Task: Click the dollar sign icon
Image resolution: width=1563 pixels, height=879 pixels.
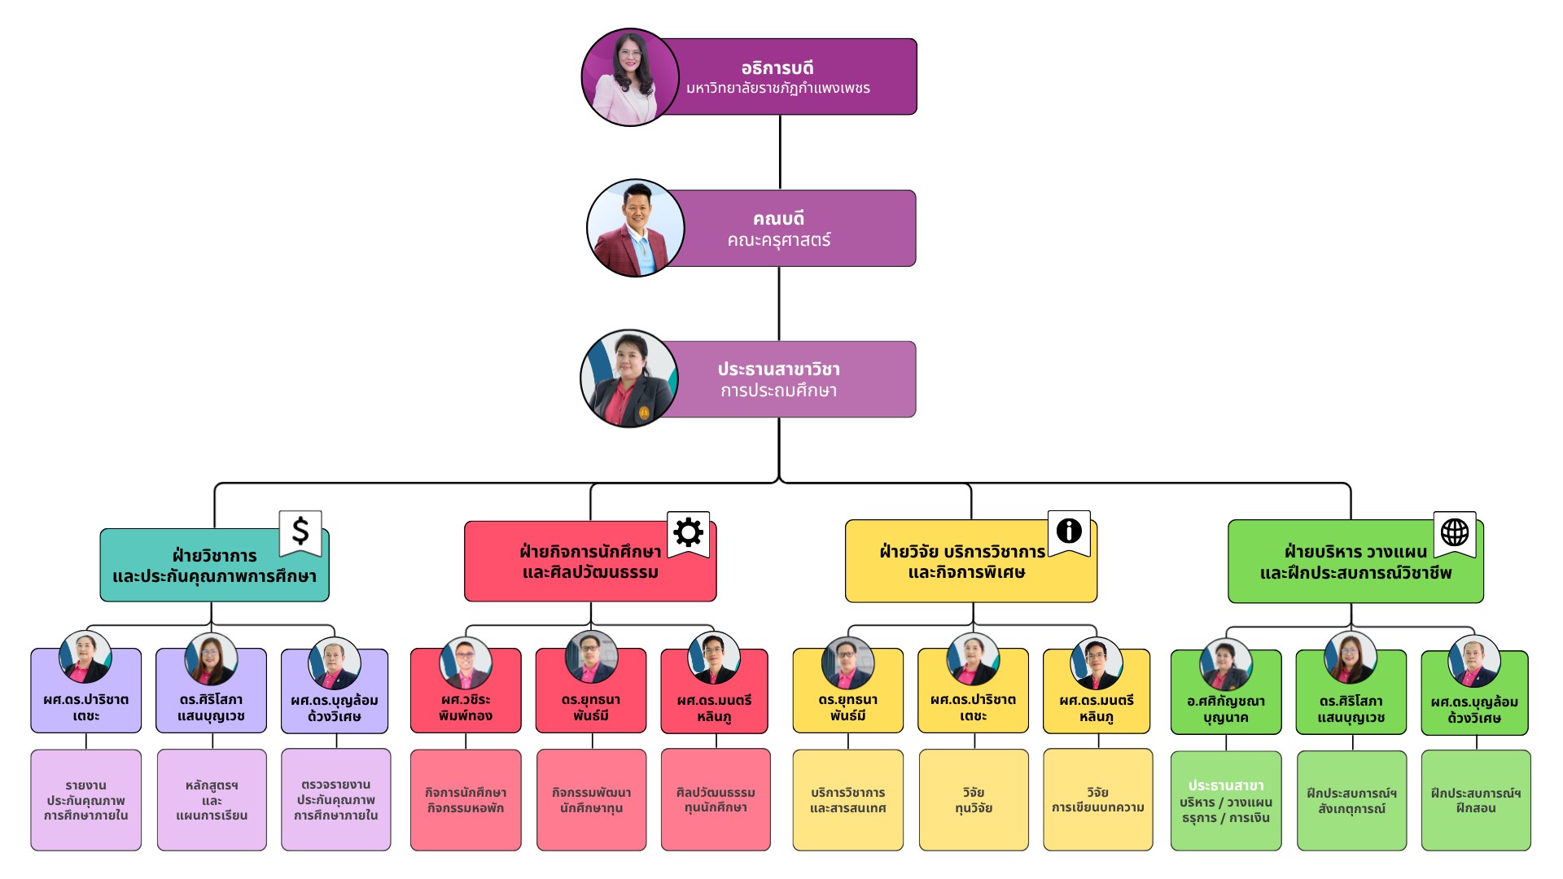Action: pos(300,531)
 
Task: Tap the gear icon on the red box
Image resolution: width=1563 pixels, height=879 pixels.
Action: pos(688,532)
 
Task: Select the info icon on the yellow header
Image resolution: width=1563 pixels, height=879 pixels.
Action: pos(1069,531)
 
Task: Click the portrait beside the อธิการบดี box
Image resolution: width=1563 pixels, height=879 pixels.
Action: pos(629,78)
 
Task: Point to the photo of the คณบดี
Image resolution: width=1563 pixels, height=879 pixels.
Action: pos(635,228)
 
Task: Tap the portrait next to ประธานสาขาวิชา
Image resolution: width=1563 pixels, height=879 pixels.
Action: pos(629,378)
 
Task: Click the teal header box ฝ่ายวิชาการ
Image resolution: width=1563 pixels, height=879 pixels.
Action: pos(214,566)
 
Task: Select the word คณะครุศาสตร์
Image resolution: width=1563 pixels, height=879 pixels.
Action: pos(778,240)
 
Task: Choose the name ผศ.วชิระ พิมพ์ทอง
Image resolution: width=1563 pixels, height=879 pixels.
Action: pos(465,708)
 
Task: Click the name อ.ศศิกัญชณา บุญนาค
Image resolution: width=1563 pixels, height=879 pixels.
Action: pos(1225,710)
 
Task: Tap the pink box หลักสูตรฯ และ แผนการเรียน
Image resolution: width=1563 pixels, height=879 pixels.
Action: pos(212,800)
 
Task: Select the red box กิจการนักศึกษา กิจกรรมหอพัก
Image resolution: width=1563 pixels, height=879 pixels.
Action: pos(466,800)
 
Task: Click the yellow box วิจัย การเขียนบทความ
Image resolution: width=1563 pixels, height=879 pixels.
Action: pos(1097,800)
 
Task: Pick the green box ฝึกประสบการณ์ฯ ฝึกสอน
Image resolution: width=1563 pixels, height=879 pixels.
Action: pos(1475,801)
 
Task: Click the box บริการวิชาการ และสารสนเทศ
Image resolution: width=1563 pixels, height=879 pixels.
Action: pos(847,800)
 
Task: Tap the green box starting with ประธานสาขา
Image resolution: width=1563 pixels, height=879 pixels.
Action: pos(1225,801)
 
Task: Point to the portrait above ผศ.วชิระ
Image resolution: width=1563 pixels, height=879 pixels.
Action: pos(465,663)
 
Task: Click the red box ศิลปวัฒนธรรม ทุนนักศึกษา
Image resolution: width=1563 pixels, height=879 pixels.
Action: pos(716,800)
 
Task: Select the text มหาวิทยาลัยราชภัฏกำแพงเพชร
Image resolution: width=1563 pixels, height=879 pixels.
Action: pos(777,88)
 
